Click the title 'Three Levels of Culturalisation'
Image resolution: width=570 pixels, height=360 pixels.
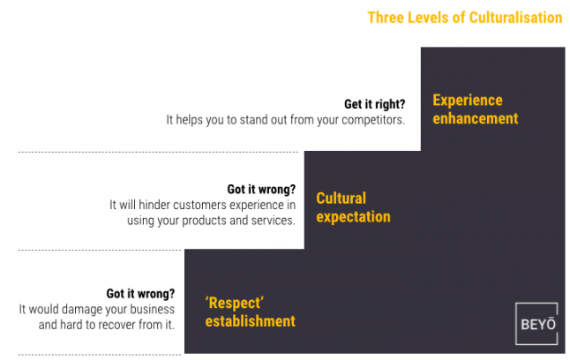tap(464, 18)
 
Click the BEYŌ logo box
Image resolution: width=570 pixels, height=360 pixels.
tap(536, 323)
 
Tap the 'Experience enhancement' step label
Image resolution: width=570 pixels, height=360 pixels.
tap(475, 109)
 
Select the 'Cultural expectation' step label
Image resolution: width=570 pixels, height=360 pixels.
tap(353, 207)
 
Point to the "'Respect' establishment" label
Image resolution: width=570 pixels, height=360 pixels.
tap(250, 312)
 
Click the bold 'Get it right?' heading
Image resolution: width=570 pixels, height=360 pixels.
tap(374, 102)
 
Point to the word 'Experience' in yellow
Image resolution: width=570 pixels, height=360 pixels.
tap(468, 100)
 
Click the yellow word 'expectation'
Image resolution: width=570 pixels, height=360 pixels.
tap(353, 217)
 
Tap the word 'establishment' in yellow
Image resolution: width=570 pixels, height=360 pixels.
tap(251, 321)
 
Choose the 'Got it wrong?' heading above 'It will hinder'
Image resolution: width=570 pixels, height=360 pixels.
tap(261, 189)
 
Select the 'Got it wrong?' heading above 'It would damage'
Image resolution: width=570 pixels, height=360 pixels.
tap(140, 294)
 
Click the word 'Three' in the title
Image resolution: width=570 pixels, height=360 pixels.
tap(385, 18)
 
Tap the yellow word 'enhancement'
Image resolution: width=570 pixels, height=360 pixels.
tap(476, 118)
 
